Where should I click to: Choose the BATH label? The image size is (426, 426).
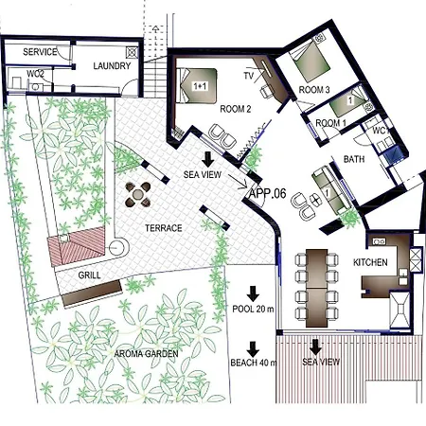[x=354, y=159]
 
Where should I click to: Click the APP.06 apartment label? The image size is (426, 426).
[x=267, y=192]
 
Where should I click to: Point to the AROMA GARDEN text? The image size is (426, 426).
[x=147, y=353]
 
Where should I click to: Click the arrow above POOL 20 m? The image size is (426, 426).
[x=253, y=294]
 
